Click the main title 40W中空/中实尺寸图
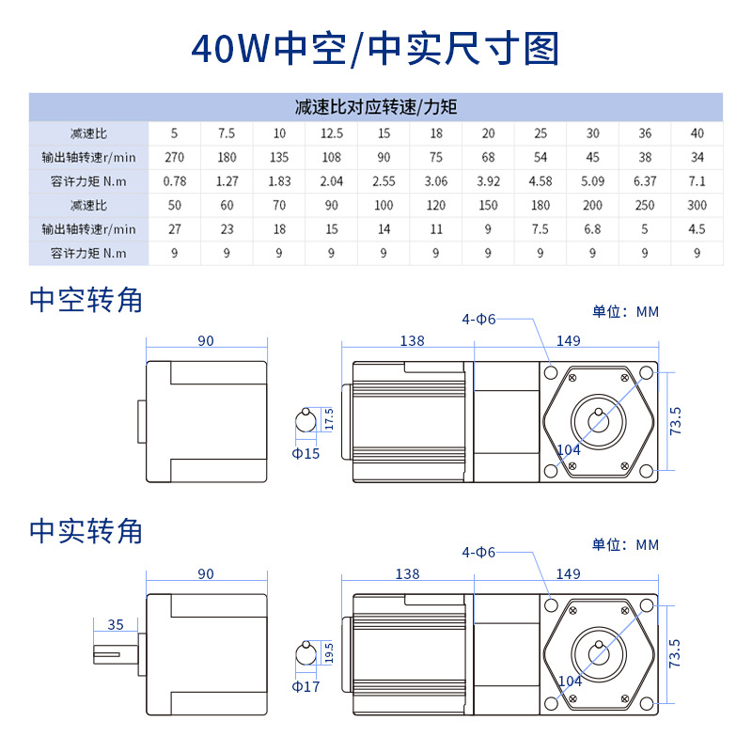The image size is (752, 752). (375, 49)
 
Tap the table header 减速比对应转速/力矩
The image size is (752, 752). (376, 107)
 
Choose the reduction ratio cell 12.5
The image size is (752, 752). (331, 133)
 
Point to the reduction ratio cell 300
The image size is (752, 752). (697, 204)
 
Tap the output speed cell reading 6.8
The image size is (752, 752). (592, 228)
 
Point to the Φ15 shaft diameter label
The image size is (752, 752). (305, 454)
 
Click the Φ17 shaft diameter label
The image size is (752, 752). (305, 687)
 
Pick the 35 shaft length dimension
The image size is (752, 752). (116, 623)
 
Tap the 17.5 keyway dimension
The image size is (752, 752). (328, 419)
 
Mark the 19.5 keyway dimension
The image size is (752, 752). (328, 651)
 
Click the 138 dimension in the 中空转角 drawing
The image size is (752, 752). (412, 341)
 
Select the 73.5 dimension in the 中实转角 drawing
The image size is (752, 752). (675, 652)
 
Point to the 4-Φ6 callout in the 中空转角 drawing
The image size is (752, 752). (478, 320)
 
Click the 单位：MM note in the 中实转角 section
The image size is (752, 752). (625, 544)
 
